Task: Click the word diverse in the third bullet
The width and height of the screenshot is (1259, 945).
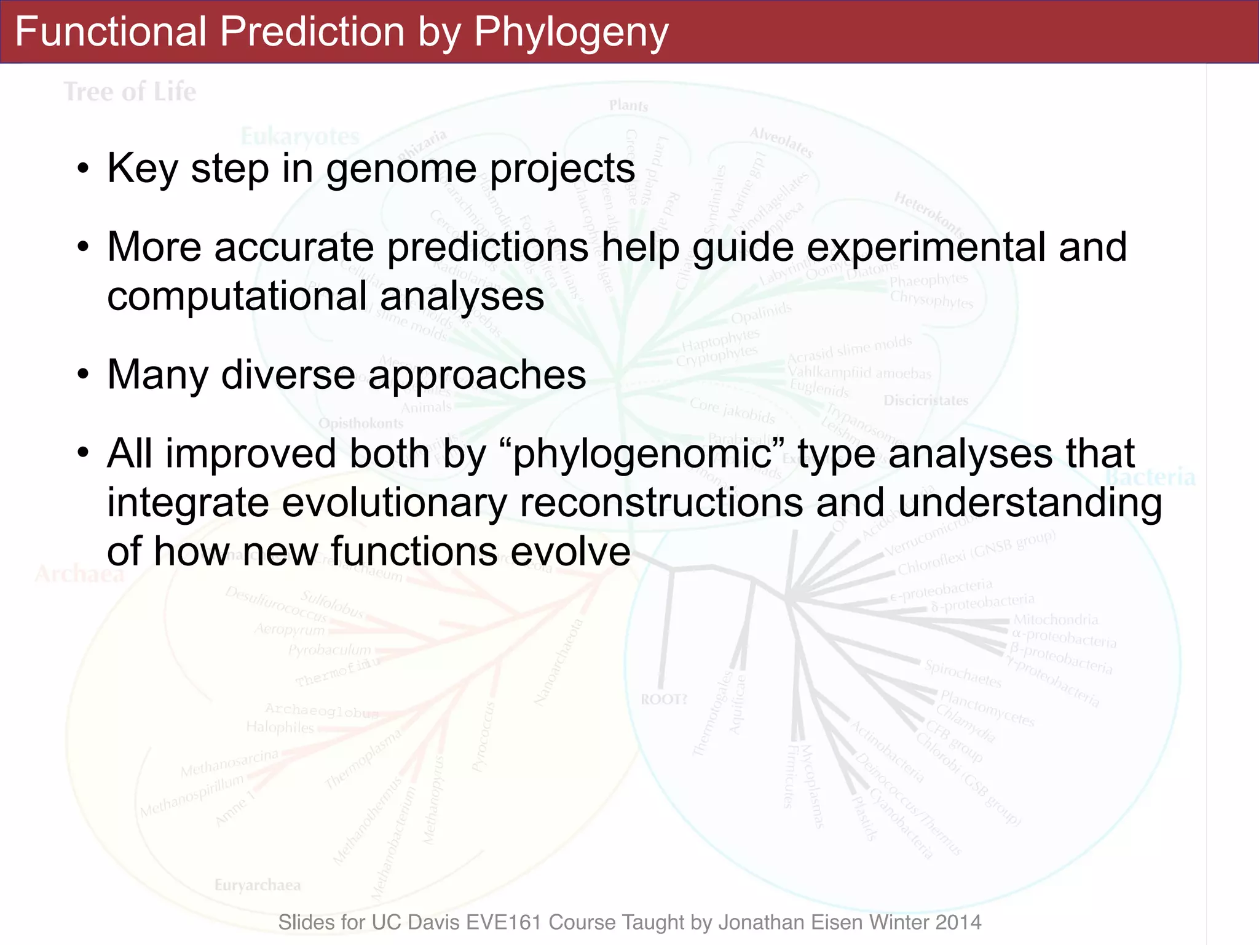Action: [x=288, y=375]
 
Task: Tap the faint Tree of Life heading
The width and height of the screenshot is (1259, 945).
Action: [x=130, y=92]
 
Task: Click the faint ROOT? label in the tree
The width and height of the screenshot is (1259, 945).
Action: [x=663, y=700]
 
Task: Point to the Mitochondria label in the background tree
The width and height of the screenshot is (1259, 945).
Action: [x=1055, y=620]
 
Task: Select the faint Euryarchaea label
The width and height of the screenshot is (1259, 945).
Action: [x=258, y=885]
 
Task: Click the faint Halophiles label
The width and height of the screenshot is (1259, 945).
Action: [x=280, y=727]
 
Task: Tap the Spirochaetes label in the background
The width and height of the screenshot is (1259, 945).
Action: [x=963, y=674]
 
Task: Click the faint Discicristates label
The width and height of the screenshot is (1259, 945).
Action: [x=925, y=401]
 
